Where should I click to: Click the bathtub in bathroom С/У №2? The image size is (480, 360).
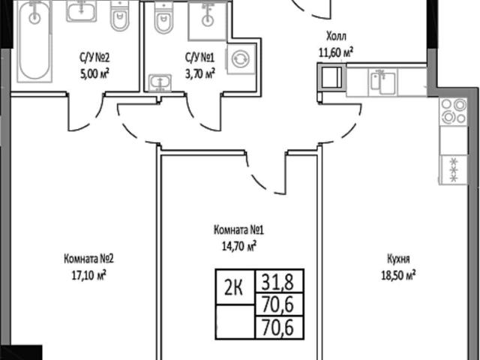(34, 41)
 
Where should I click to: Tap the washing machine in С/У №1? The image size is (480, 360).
(241, 58)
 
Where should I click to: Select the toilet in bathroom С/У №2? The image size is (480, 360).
(120, 16)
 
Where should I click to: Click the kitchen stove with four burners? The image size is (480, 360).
(454, 112)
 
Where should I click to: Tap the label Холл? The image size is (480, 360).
(337, 37)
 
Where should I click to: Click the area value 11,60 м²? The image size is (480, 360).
(336, 52)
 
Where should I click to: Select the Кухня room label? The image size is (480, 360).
(398, 259)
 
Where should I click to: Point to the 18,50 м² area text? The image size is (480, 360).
(398, 275)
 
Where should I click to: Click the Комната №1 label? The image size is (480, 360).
(238, 230)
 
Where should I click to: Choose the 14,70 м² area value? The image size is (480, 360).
(239, 246)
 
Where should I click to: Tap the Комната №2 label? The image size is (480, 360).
(88, 259)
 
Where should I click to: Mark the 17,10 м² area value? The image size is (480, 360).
(88, 275)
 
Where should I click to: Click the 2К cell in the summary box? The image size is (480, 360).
(234, 288)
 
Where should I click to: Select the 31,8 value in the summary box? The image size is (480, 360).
(277, 282)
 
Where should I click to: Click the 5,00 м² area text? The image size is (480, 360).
(94, 74)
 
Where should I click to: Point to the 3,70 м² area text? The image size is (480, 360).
(200, 73)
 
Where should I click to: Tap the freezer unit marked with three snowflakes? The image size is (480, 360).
(454, 170)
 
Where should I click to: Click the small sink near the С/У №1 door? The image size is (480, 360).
(160, 82)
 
